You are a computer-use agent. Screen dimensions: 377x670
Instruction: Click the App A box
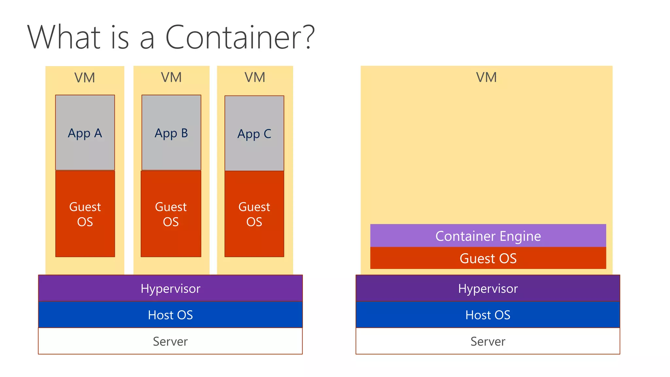coord(85,133)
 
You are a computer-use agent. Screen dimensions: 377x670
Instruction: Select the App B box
coord(171,133)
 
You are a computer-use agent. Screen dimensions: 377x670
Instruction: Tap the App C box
coord(254,133)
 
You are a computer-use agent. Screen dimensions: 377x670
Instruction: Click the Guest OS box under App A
coord(85,214)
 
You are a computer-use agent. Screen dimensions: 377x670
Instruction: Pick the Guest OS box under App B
coord(171,214)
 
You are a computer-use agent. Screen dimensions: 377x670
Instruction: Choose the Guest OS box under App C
coord(254,214)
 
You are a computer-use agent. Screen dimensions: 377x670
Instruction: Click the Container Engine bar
coord(488,236)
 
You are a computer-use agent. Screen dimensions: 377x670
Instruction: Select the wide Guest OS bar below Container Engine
coord(488,258)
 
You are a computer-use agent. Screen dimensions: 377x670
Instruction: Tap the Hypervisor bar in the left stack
coord(170,288)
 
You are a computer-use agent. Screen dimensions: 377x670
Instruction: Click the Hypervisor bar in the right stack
coord(487,288)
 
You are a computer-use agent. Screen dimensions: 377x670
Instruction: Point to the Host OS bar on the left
coord(170,315)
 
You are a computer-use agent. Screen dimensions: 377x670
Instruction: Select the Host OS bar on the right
coord(487,315)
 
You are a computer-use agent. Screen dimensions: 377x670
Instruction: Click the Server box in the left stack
coord(170,341)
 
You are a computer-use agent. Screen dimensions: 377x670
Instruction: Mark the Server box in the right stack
coord(487,341)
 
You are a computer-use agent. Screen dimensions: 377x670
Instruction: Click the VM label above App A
coord(85,78)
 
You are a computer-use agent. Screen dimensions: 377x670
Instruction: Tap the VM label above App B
coord(171,78)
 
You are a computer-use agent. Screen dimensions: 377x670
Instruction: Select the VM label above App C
coord(255,78)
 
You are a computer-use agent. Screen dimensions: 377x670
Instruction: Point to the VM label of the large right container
coord(486,78)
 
